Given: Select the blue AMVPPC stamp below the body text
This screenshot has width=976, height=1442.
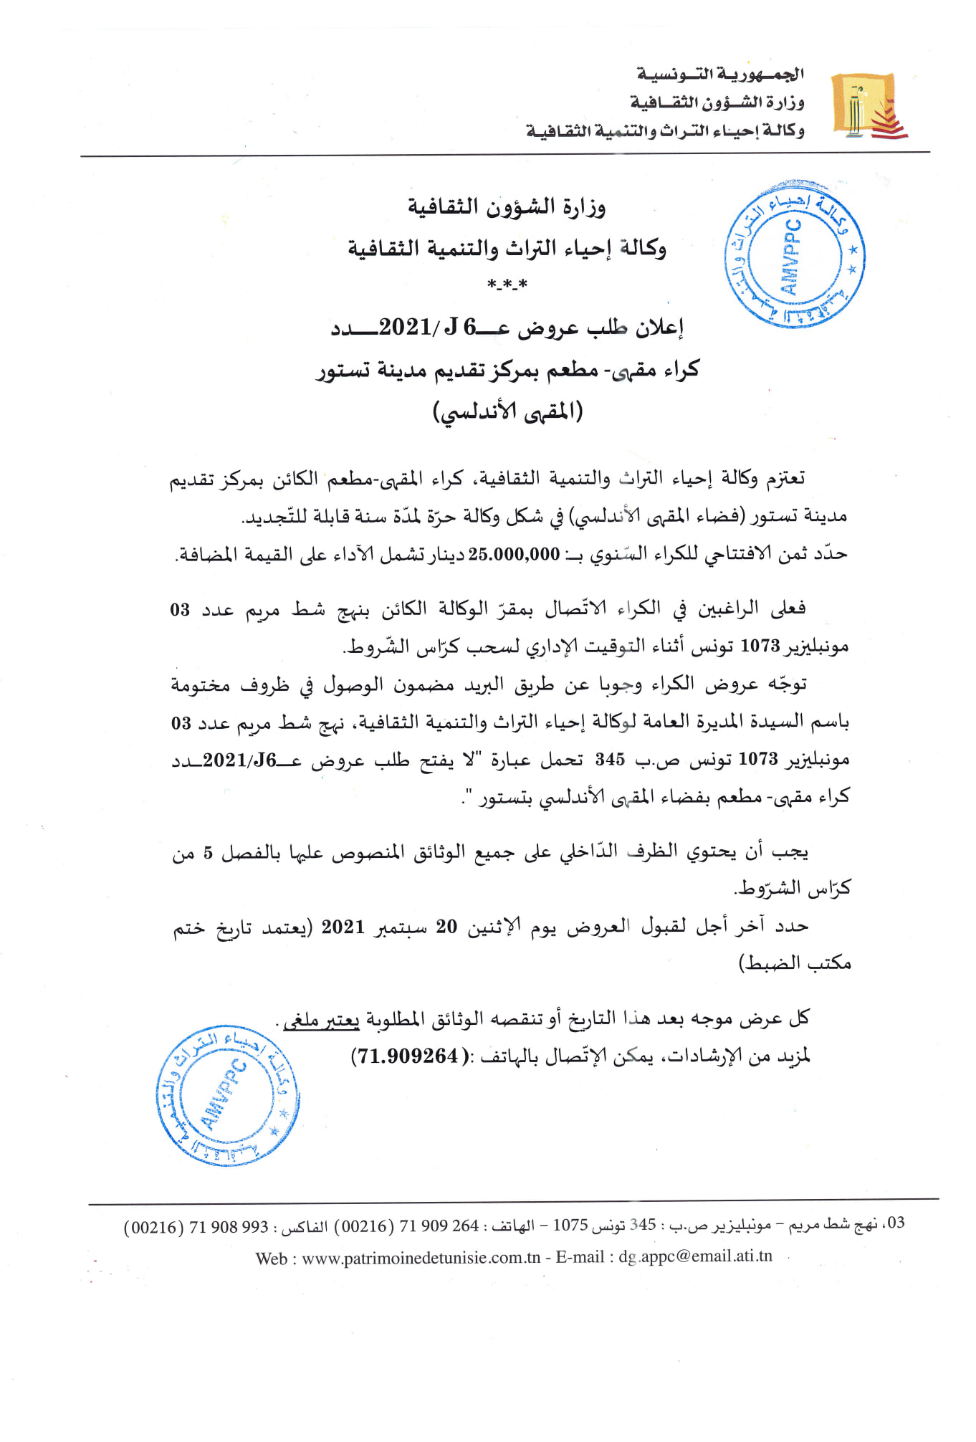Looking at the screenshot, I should pos(227,1095).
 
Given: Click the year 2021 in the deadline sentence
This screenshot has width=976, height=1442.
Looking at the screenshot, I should pos(343,927).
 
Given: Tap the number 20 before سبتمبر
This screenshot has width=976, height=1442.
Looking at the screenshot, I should pos(446,927).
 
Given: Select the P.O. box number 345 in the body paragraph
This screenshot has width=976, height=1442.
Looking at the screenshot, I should pos(610,759).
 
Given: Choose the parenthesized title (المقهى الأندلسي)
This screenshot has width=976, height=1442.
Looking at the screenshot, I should pos(508,412).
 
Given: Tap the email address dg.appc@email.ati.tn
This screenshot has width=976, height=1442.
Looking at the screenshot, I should pos(695,1256).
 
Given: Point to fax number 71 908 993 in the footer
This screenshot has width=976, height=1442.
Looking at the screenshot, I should pos(229,1227).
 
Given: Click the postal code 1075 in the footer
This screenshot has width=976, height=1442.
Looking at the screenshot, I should pos(570,1225).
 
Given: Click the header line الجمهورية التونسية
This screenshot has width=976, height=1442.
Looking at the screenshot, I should pos(720,74).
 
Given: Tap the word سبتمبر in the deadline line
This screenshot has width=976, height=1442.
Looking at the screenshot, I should pos(402,927).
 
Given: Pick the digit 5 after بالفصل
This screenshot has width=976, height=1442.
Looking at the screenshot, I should pos(208,853).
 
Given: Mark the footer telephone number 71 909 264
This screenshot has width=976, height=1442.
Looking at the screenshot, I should pos(439,1226).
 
